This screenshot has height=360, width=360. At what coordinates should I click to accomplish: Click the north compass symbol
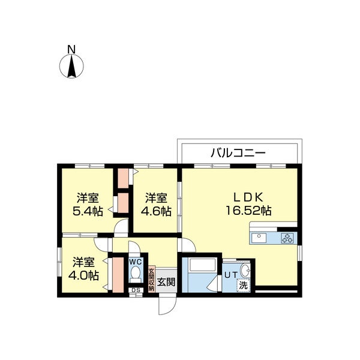coord(71,66)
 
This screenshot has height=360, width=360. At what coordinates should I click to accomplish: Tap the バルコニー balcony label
coord(238,153)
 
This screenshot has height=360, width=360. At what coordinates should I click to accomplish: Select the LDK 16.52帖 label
coord(248,204)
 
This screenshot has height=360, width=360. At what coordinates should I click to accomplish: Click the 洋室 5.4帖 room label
coord(88,205)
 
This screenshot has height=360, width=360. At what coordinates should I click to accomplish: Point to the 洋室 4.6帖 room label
coord(156,205)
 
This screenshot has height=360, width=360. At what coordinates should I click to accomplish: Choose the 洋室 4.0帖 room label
coord(84,269)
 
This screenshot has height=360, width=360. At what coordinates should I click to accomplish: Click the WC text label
coord(136,262)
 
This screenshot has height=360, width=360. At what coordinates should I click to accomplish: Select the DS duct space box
coord(136,290)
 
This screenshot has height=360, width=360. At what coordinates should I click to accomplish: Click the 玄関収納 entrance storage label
coord(151,280)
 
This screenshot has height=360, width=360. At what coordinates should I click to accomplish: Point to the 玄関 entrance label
coord(166,282)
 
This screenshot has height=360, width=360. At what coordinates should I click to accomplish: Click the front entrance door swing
coord(167,306)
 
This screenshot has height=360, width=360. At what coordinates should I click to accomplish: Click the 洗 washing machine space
coord(244,286)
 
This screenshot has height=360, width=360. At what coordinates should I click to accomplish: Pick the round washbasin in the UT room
coord(245,271)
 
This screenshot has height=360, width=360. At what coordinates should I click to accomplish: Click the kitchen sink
coord(259,238)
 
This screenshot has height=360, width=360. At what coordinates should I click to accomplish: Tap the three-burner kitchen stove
coord(287,238)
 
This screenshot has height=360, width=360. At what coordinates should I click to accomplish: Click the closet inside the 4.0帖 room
coord(118,275)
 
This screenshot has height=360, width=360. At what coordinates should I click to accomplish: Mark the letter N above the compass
coord(71,49)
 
